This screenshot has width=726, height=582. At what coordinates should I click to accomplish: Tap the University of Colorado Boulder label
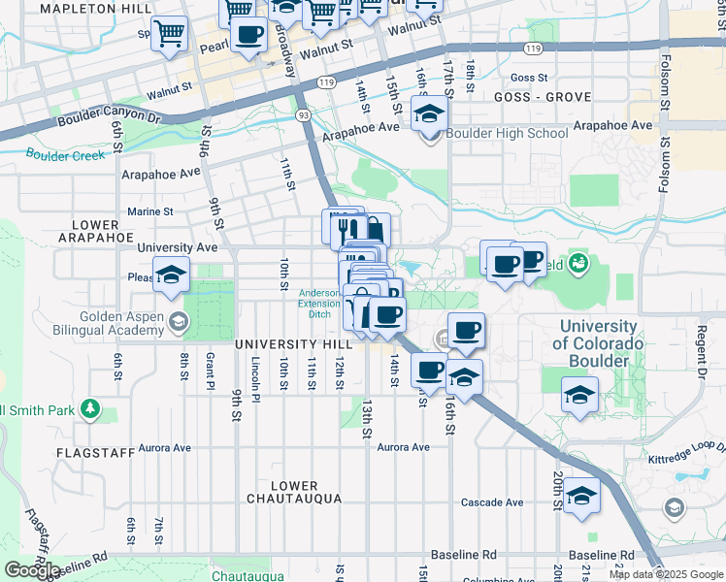pyautogui.click(x=597, y=343)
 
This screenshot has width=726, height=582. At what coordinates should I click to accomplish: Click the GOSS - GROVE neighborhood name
pyautogui.click(x=534, y=98)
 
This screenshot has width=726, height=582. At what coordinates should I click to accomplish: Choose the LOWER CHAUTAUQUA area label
pyautogui.click(x=294, y=492)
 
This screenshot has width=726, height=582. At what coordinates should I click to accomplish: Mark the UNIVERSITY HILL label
pyautogui.click(x=290, y=344)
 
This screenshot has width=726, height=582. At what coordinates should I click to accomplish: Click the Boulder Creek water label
pyautogui.click(x=65, y=155)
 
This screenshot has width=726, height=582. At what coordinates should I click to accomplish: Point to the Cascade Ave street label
pyautogui.click(x=492, y=502)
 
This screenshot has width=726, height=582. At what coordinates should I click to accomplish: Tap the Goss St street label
pyautogui.click(x=529, y=78)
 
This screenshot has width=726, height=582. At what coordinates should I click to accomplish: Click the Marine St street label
pyautogui.click(x=150, y=210)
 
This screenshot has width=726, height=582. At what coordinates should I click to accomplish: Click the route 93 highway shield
pyautogui.click(x=304, y=114)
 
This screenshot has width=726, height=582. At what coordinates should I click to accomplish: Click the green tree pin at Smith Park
pyautogui.click(x=90, y=409)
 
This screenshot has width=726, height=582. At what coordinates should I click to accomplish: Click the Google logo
pyautogui.click(x=32, y=569)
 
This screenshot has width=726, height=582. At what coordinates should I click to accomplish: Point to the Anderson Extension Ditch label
pyautogui.click(x=318, y=303)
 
